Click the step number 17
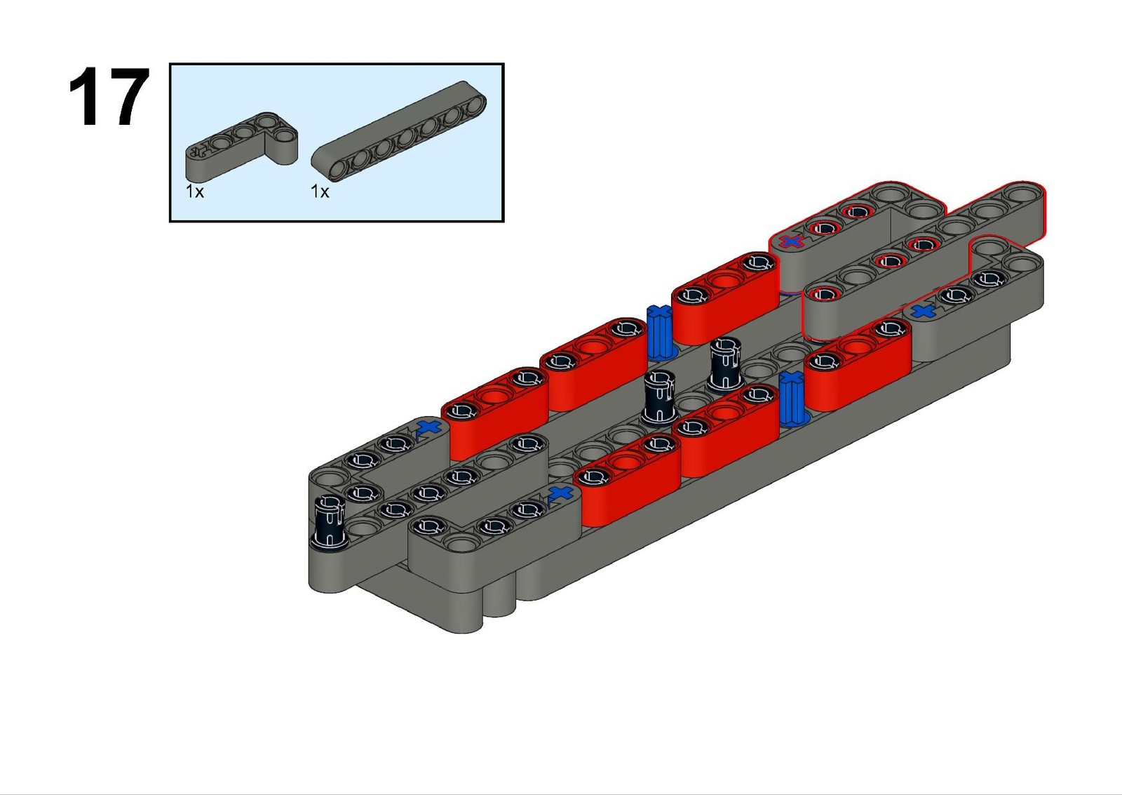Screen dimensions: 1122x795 click(109, 96)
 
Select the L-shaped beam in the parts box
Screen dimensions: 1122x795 click(241, 147)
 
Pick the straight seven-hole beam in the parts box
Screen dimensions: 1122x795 click(399, 131)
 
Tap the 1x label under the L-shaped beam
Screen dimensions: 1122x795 click(195, 192)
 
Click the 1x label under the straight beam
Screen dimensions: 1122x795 click(320, 192)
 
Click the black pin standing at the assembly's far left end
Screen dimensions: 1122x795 click(329, 522)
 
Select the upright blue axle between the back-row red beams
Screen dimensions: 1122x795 click(660, 332)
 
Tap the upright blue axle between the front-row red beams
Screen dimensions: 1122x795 click(792, 399)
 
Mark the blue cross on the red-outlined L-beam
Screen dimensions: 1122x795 click(792, 241)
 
